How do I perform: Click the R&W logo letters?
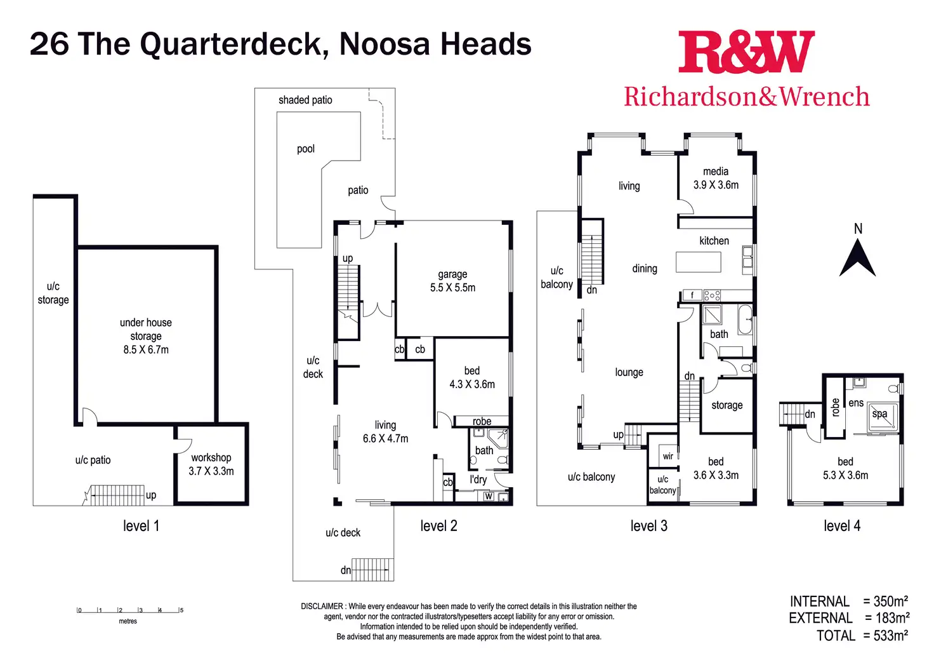click(x=746, y=53)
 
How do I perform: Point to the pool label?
click(x=306, y=149)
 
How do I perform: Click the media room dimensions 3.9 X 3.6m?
click(x=716, y=185)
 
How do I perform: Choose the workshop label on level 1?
click(x=211, y=457)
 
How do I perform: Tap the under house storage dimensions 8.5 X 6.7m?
click(x=146, y=349)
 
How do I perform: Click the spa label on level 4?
click(x=879, y=414)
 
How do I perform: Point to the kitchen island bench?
click(x=699, y=262)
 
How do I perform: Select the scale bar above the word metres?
click(x=129, y=610)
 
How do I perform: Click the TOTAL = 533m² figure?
click(x=862, y=635)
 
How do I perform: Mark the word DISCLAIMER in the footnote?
click(x=322, y=607)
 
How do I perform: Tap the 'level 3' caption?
click(x=648, y=526)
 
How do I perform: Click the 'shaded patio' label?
click(x=305, y=100)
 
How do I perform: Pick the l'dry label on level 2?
click(x=478, y=480)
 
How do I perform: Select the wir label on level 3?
click(x=668, y=456)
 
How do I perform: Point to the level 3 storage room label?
click(x=727, y=405)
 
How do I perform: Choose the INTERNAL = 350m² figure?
click(x=848, y=601)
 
